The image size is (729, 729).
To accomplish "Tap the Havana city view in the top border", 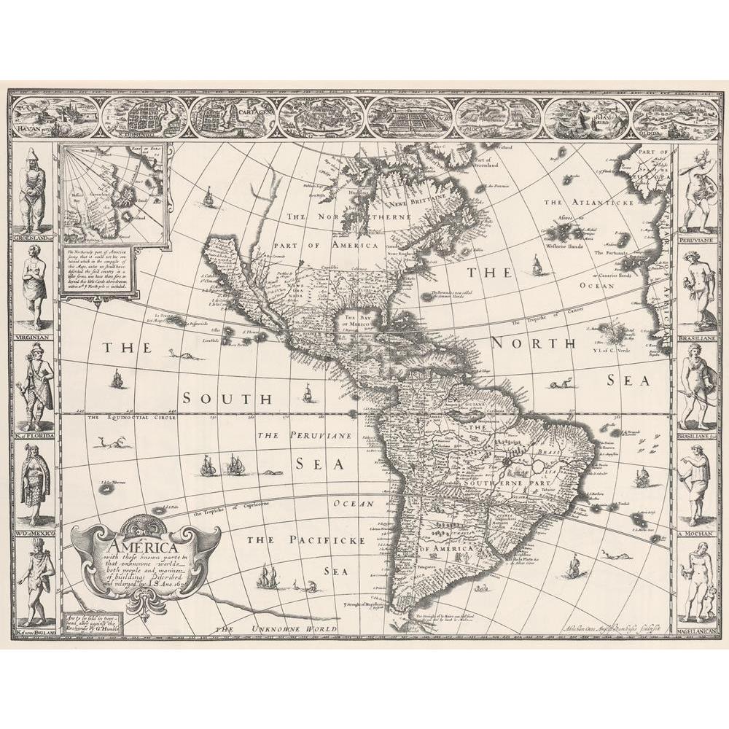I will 54,117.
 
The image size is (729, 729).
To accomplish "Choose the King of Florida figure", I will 34,386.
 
